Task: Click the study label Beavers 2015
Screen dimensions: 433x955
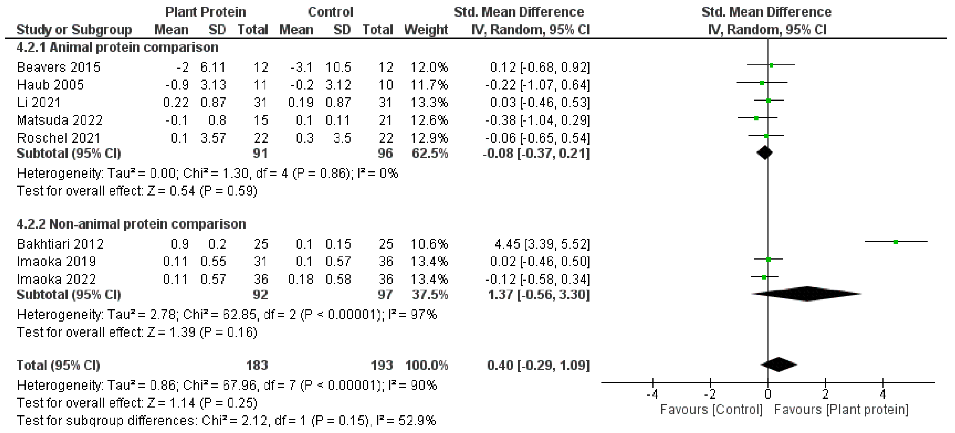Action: (59, 67)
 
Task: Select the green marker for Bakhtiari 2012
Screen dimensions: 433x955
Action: (895, 242)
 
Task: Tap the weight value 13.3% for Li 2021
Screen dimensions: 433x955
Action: (429, 102)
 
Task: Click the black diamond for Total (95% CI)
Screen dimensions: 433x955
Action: (779, 364)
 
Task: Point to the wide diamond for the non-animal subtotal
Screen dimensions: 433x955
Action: (807, 294)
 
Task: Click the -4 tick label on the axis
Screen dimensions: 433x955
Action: (652, 394)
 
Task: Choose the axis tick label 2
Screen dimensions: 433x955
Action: (825, 394)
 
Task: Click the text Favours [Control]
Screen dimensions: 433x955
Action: (711, 410)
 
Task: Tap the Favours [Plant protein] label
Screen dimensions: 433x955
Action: (841, 410)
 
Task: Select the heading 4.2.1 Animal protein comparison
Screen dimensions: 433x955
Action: (117, 47)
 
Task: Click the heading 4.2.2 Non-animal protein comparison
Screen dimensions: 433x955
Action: (131, 224)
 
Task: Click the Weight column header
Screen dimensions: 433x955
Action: (426, 30)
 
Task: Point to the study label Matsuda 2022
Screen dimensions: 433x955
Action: (60, 120)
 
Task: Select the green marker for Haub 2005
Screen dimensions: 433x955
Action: (762, 83)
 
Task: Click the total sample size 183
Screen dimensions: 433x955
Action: (257, 365)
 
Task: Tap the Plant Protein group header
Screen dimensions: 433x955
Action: (205, 12)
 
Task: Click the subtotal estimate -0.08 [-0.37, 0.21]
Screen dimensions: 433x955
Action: (536, 153)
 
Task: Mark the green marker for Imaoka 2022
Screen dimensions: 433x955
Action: (764, 277)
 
